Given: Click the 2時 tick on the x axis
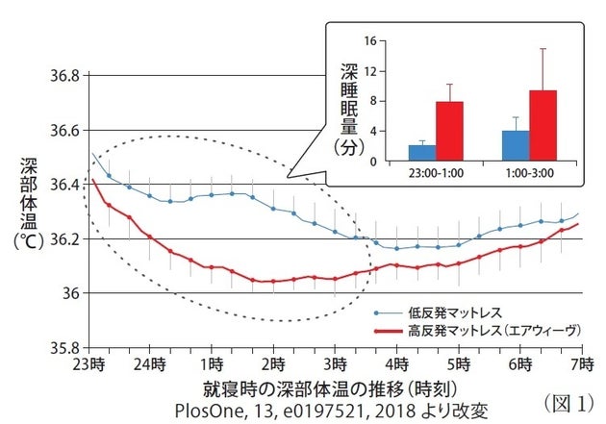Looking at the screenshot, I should tap(273, 367).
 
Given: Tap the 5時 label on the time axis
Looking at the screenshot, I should tap(456, 367).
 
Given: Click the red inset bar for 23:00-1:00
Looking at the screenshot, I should tap(450, 131).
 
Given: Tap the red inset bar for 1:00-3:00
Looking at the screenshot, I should tap(543, 125).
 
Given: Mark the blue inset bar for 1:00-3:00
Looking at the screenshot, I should tap(516, 145).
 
